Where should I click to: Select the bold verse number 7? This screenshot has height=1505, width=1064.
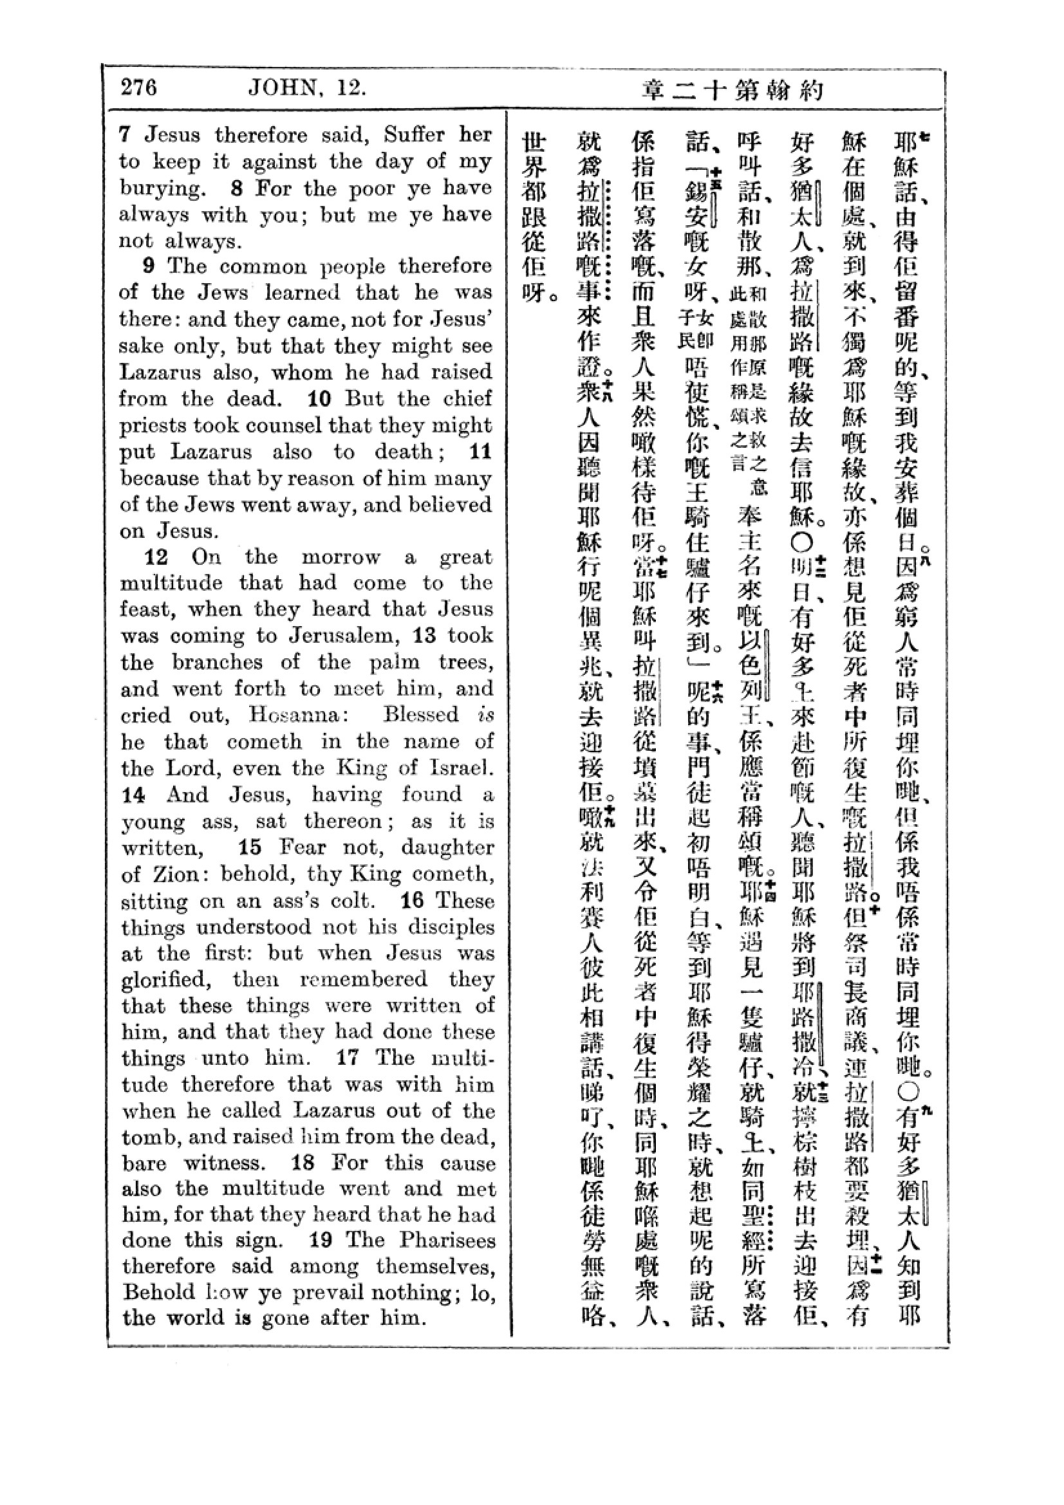point(126,135)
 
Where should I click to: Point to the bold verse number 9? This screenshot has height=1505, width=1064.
point(149,266)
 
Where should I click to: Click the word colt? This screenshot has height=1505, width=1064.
point(352,901)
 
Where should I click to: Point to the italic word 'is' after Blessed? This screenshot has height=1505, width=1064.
point(485,714)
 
